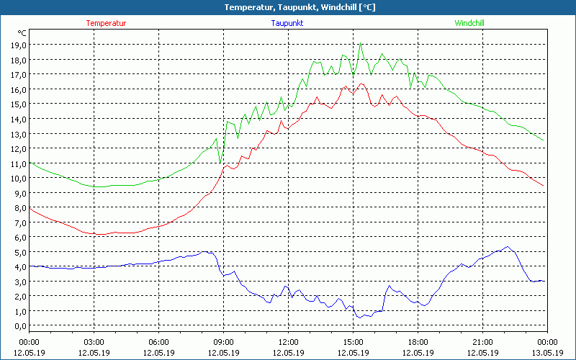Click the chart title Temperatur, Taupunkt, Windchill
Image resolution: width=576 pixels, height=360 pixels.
coord(288,7)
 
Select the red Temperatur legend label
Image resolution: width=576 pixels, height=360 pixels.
coord(106,23)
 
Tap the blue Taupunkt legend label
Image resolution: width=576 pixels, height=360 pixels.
coord(287,23)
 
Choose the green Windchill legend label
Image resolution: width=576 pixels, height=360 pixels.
coord(469,23)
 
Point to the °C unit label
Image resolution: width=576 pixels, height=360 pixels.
coord(22,33)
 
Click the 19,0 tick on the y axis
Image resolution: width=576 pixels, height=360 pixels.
coord(19,45)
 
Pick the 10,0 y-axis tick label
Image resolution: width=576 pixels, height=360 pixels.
coord(19,178)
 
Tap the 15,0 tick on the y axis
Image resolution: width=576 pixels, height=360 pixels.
coord(19,104)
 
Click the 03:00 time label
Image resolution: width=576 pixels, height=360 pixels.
coord(94,342)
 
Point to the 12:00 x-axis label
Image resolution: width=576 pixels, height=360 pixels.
coord(288,342)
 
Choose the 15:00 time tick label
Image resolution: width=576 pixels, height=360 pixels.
coord(353,342)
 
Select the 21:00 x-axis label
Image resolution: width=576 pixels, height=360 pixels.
coord(482,342)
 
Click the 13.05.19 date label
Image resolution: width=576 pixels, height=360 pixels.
coord(547,353)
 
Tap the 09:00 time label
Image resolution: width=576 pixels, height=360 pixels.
coord(223,342)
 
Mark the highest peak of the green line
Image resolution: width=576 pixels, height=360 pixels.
coord(361,44)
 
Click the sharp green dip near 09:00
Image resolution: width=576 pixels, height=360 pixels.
coord(220,163)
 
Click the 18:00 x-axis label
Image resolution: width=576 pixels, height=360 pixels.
coord(418,342)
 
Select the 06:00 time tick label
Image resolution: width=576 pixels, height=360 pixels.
coord(158,342)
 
